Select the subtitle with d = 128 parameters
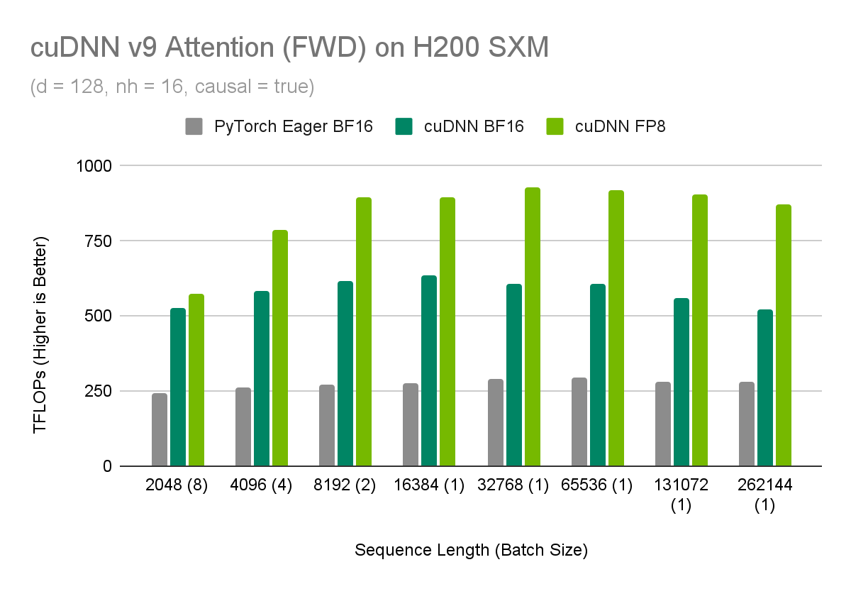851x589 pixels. [172, 87]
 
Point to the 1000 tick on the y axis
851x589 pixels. [95, 165]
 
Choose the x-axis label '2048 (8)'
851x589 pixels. [177, 487]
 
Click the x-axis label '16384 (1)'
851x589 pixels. [429, 487]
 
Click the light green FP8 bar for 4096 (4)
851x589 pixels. [280, 348]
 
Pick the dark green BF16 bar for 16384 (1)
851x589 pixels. [429, 370]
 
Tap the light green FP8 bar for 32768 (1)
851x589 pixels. [532, 326]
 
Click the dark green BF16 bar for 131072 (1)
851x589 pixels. [682, 382]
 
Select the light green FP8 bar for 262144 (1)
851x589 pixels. [784, 335]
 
